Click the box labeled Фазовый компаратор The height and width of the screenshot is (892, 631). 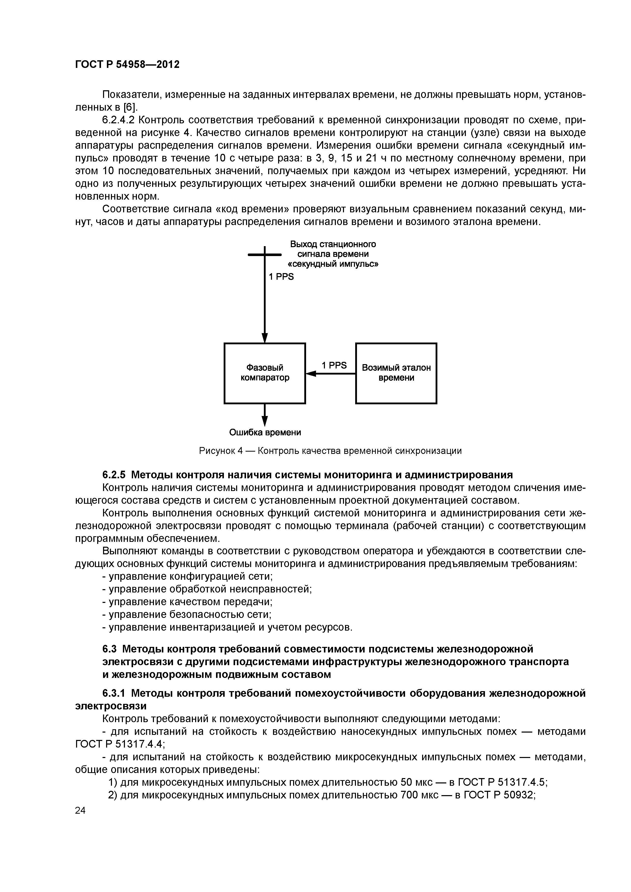[x=265, y=373]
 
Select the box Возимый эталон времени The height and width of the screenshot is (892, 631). [x=396, y=373]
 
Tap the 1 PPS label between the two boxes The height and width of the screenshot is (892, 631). [x=334, y=365]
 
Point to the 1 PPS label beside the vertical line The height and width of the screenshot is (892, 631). [x=281, y=277]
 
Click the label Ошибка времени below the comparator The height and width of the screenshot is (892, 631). [x=265, y=433]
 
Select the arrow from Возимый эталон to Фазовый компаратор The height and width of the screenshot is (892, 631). [x=331, y=374]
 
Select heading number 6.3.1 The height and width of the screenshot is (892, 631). [x=114, y=693]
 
